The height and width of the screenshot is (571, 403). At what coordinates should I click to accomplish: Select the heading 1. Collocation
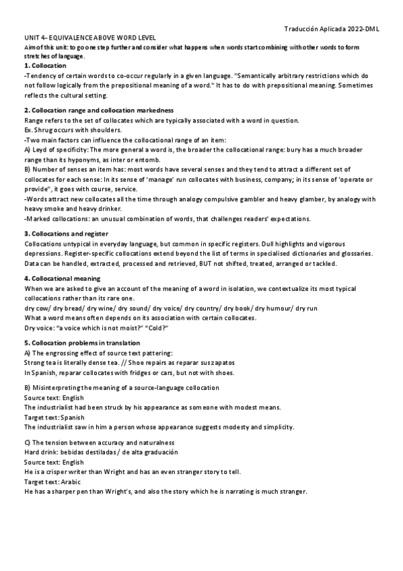[44, 65]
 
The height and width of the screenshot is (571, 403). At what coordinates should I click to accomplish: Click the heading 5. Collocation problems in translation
[86, 343]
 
